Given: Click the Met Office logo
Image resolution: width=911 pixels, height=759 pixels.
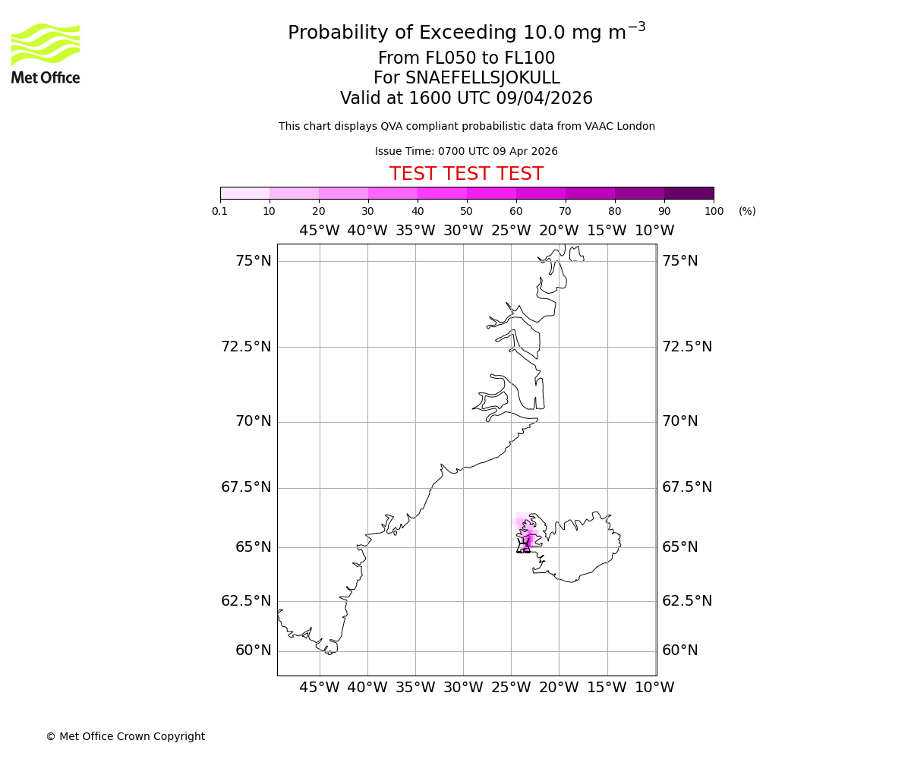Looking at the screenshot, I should [x=46, y=53].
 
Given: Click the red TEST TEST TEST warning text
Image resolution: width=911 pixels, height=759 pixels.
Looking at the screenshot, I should [x=466, y=174].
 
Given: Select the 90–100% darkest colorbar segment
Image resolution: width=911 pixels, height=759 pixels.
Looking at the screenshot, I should [x=689, y=193].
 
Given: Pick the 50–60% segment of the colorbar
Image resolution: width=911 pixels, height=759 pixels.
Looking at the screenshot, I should [x=491, y=193].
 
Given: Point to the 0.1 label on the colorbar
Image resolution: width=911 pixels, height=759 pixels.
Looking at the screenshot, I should [x=220, y=211].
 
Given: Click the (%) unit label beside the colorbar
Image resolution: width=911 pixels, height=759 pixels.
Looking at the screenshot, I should [x=747, y=211].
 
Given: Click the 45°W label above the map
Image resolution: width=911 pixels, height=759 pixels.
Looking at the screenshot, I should [x=319, y=231].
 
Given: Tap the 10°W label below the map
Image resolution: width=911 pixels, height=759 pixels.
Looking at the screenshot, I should [x=654, y=688].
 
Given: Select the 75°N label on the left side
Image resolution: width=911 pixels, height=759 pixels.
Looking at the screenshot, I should [x=253, y=261].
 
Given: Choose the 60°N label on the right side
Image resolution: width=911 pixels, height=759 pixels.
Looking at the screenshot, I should [x=679, y=650].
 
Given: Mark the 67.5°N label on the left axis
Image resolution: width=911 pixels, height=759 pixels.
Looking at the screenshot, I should [x=246, y=487].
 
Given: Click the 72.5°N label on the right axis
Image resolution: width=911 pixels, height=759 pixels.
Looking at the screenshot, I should [x=687, y=347].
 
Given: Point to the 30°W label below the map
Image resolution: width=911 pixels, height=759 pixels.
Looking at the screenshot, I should [x=463, y=688].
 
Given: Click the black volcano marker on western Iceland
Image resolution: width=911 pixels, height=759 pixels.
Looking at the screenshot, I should [x=524, y=545].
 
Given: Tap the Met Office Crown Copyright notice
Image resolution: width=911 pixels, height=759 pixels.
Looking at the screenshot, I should [x=125, y=736].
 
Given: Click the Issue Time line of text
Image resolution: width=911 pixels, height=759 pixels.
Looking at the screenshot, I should [x=466, y=151].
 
